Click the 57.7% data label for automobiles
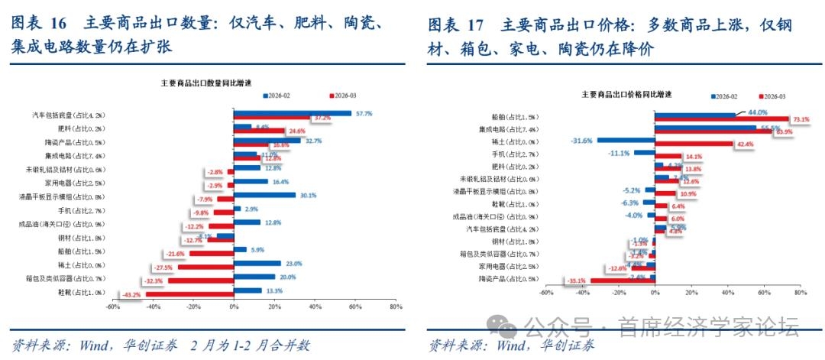[364, 114]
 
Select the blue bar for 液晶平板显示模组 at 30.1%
[264, 195]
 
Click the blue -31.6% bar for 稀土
[626, 141]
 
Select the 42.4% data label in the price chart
[744, 144]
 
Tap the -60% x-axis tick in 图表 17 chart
[546, 293]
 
